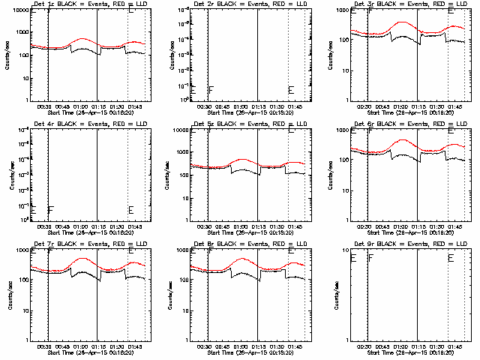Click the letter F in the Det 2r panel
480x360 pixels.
point(211,90)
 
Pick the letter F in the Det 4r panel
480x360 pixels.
point(50,210)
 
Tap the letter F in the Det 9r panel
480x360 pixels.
point(371,258)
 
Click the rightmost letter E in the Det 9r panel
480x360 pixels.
point(451,258)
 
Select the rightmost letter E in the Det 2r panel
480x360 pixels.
point(291,90)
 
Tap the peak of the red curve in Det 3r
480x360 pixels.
point(403,22)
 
